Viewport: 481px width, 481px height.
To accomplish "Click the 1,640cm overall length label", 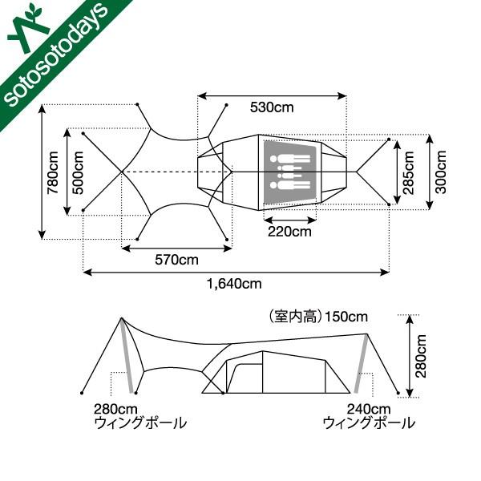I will click(234, 283).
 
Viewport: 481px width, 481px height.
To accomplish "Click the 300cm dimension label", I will click(441, 172).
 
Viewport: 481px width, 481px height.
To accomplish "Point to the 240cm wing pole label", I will click(354, 406).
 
